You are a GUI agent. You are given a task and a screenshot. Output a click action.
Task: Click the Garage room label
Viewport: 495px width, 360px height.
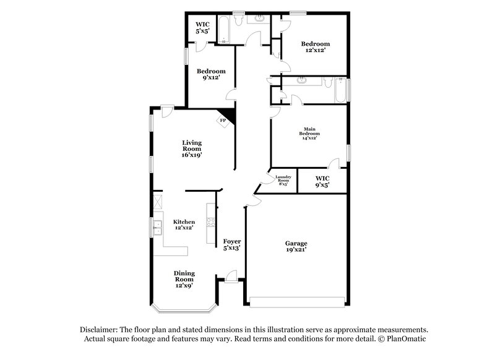pyautogui.click(x=296, y=246)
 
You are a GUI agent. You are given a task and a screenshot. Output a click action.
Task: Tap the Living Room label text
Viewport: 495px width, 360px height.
pyautogui.click(x=192, y=148)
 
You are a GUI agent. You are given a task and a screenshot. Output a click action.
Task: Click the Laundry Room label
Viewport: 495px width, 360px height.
pyautogui.click(x=283, y=180)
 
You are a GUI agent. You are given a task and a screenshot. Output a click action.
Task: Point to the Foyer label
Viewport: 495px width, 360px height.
pyautogui.click(x=232, y=244)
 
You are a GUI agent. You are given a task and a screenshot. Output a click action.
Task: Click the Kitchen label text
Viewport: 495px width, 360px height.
pyautogui.click(x=184, y=225)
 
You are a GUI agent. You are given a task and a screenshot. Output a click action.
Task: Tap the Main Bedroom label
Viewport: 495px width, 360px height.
pyautogui.click(x=309, y=134)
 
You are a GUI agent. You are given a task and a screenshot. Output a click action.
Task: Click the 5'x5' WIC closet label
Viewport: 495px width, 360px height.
pyautogui.click(x=202, y=28)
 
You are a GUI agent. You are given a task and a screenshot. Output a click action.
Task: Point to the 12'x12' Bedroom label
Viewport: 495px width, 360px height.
pyautogui.click(x=315, y=47)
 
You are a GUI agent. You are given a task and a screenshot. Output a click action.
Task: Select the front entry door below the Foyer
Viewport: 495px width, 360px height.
pyautogui.click(x=231, y=276)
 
